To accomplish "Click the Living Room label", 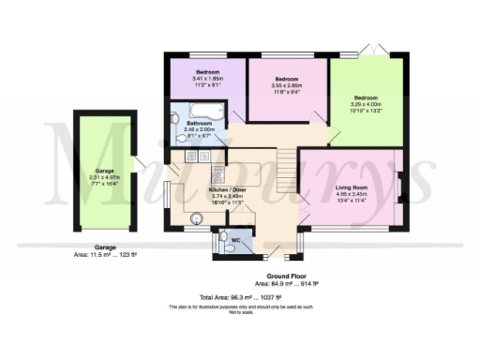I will pyautogui.click(x=352, y=188).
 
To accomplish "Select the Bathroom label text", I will pyautogui.click(x=199, y=124).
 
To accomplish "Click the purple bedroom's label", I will pyautogui.click(x=207, y=71).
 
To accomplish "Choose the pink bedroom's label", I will pyautogui.click(x=286, y=79).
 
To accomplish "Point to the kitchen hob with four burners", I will pyautogui.click(x=215, y=172).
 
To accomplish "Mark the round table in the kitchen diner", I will pyautogui.click(x=197, y=219).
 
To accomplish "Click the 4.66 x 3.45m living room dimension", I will pyautogui.click(x=352, y=197).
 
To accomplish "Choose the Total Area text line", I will pyautogui.click(x=240, y=295).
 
